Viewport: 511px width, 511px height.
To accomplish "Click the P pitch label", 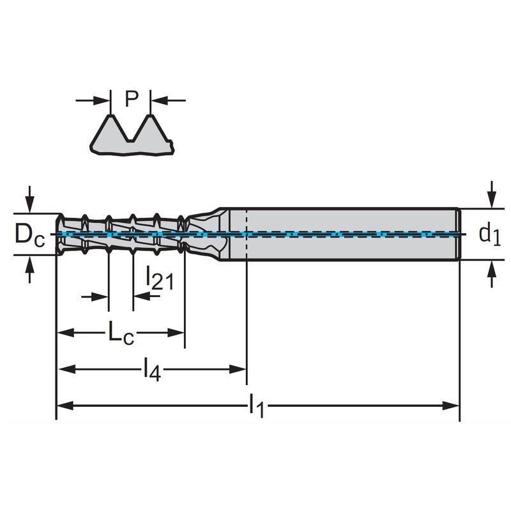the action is [132, 98].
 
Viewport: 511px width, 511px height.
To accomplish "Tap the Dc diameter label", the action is [29, 235].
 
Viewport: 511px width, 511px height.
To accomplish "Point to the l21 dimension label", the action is [159, 278].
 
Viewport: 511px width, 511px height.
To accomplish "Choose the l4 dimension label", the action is [152, 369].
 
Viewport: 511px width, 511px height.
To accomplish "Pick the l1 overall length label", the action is [257, 406].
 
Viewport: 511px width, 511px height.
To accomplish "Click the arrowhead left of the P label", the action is [101, 100].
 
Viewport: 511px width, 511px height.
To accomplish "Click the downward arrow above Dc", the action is [29, 199].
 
